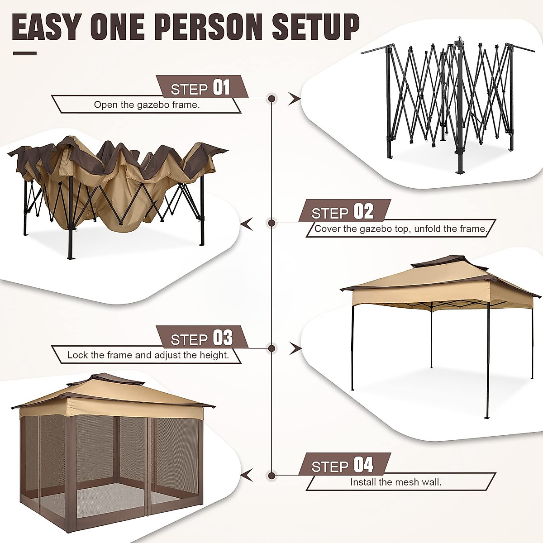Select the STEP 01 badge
coord(201,87)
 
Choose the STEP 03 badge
coord(202,338)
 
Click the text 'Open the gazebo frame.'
coord(147,105)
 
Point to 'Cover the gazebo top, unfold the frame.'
coord(400,229)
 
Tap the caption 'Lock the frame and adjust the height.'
coord(148,355)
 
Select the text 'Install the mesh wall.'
coord(395,482)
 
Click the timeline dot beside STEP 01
coord(272,98)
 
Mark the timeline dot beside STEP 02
coord(272,223)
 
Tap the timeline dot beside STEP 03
coord(272,348)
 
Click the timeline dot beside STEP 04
coord(272,476)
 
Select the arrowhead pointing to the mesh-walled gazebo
coord(247,476)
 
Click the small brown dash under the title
coord(24,53)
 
